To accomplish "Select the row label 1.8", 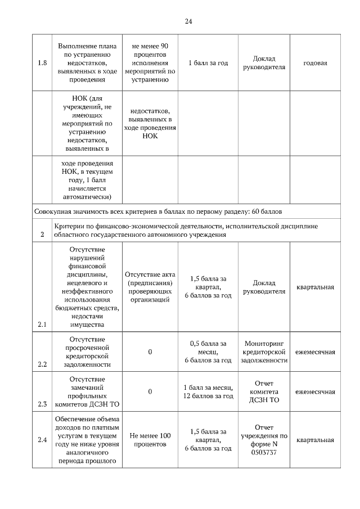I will coord(42,63).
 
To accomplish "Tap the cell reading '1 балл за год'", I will coord(208,63).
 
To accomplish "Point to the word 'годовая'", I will coord(315,63).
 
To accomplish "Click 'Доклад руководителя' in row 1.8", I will coord(264,63).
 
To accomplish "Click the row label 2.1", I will coord(42,325).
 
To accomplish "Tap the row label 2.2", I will coord(42,364).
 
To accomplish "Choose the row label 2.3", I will coord(42,404).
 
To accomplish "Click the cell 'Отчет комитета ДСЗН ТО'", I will coord(264,392).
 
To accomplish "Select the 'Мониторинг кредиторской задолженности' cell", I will coord(264,352).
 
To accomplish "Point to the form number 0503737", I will coord(264,452).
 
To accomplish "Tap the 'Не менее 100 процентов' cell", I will coord(150,440).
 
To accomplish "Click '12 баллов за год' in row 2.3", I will coord(208,396).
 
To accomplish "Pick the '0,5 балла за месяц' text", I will coord(208,348).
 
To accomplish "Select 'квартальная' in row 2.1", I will coord(315,287).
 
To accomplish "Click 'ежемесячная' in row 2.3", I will coord(315,392).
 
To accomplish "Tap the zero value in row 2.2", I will coord(150,352).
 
